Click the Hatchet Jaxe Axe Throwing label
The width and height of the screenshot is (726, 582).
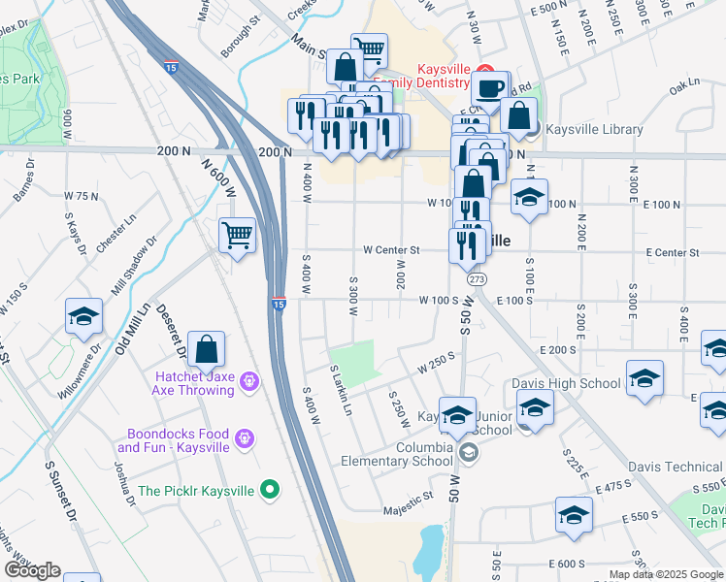click(x=192, y=383)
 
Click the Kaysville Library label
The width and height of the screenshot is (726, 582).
click(x=594, y=129)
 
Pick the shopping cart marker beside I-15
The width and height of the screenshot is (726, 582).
click(x=238, y=235)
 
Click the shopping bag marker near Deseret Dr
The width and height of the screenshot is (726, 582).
click(x=207, y=349)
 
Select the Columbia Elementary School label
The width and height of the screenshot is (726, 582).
click(x=396, y=454)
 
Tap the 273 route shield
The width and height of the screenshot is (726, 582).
click(x=476, y=279)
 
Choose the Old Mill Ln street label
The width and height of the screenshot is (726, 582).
click(x=133, y=329)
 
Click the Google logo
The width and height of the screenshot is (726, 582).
click(x=32, y=570)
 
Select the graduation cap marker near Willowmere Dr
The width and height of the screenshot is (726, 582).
click(x=84, y=317)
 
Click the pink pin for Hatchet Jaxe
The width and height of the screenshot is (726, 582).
click(x=250, y=382)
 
